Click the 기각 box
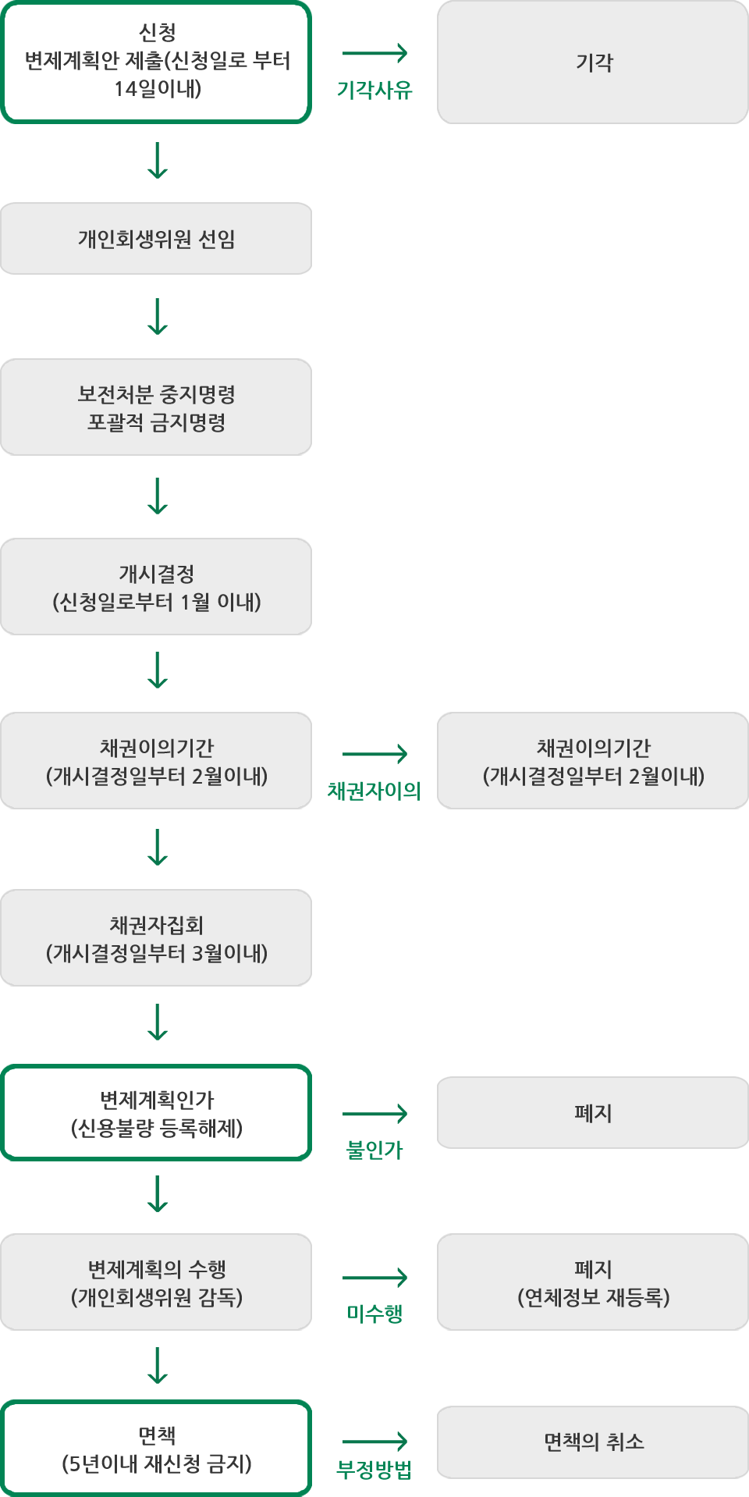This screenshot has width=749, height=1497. [593, 62]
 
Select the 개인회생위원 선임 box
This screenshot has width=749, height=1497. [156, 239]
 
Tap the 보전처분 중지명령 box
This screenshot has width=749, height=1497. [156, 407]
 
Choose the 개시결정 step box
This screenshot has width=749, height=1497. [156, 586]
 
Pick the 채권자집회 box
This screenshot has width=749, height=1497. [156, 937]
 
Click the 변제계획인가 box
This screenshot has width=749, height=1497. [156, 1112]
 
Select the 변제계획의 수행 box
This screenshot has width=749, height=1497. [156, 1282]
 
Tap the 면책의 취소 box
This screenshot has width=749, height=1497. [593, 1442]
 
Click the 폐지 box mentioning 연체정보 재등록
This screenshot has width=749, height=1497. [593, 1282]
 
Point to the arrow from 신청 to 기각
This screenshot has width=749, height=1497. [374, 53]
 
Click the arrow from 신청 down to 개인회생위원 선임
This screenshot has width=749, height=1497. [158, 151]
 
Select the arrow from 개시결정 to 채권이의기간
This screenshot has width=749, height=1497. [158, 662]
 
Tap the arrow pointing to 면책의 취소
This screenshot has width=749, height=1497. [374, 1441]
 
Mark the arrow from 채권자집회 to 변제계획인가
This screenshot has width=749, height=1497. [158, 1013]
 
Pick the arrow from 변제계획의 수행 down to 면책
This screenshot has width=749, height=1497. [158, 1357]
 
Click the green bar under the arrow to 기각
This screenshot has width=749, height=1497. [374, 90]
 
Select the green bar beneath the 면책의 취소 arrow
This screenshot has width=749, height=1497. [373, 1470]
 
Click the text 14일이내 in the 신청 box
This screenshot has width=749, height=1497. [158, 89]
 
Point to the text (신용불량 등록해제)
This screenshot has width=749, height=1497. [157, 1128]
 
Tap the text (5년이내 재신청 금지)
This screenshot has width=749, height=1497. [157, 1463]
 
